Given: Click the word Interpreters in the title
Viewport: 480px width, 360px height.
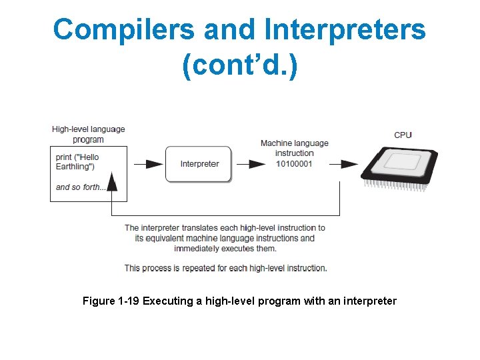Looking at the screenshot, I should tap(344, 29).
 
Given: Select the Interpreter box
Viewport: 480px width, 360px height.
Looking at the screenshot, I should tap(199, 164).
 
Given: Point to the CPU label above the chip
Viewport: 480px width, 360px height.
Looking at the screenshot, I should tap(403, 135).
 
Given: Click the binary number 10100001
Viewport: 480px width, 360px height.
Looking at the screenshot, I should tap(294, 163).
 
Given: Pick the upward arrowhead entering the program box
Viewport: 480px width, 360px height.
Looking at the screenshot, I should tap(112, 181).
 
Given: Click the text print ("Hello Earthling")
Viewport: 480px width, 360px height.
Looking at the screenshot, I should tap(79, 162).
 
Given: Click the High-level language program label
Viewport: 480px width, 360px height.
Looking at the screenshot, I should tap(88, 134).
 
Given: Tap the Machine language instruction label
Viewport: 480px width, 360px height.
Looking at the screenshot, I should tap(294, 148).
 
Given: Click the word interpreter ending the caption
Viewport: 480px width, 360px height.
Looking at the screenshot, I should tap(370, 301).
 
